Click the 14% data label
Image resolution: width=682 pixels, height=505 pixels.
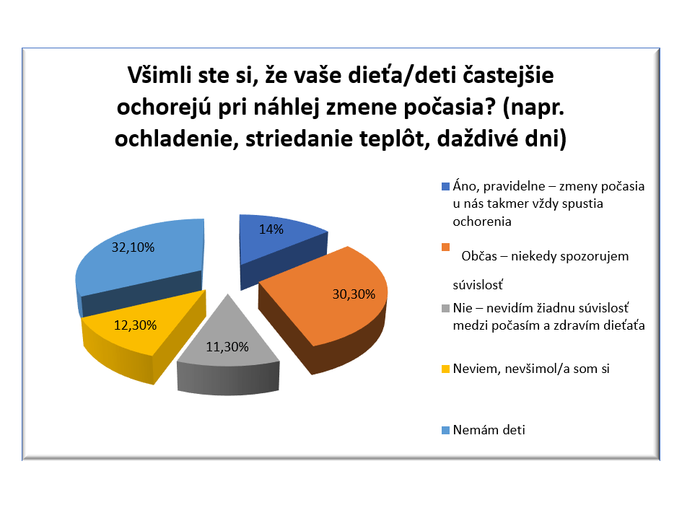271,229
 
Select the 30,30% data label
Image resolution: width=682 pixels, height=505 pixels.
354,294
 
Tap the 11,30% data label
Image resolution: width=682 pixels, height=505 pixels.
227,347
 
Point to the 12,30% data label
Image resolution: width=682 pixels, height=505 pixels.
135,325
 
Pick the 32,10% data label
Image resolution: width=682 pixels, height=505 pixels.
133,247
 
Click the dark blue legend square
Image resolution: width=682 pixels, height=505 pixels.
445,187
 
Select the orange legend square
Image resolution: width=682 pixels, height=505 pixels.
445,247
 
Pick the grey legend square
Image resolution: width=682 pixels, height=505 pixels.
445,308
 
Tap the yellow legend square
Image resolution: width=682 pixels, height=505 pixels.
445,369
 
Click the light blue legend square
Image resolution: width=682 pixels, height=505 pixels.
445,430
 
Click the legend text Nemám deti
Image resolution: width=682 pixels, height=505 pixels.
489,430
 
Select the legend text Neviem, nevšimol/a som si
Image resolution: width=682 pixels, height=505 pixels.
531,369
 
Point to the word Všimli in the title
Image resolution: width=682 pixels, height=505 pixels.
159,75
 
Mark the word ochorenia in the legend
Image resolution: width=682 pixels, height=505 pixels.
482,221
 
